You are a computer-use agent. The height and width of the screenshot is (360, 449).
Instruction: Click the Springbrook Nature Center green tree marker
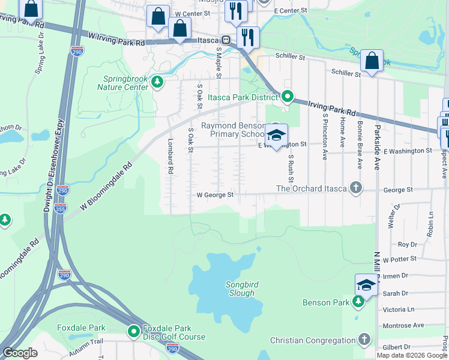(x=157, y=81)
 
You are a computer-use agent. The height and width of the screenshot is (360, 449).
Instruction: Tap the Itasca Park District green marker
(x=288, y=96)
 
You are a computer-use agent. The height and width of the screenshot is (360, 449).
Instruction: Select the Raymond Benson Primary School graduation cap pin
(x=277, y=136)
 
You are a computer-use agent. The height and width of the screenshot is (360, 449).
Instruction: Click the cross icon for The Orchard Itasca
(x=356, y=188)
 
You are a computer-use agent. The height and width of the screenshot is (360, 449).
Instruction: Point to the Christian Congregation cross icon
(x=364, y=340)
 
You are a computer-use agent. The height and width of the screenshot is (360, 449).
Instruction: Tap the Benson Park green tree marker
(x=358, y=302)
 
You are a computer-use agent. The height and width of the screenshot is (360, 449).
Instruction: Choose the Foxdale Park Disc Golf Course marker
(x=133, y=331)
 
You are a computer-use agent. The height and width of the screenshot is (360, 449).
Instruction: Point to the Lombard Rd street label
(x=170, y=158)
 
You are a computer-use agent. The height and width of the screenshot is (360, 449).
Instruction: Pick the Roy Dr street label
(x=408, y=244)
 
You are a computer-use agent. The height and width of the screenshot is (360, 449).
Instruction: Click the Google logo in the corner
(x=20, y=353)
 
